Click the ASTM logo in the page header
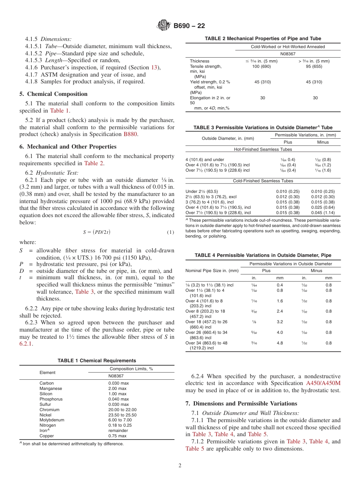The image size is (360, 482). coord(164,25)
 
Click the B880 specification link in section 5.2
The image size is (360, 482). coord(130,134)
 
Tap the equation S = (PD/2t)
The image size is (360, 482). coord(97,232)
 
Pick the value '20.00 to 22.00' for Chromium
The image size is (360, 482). coord(122,410)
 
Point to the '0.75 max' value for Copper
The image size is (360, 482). coord(117,436)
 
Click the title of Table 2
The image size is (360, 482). coord(263,38)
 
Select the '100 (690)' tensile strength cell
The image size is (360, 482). coord(261,66)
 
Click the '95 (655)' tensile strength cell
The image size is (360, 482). coord(314,66)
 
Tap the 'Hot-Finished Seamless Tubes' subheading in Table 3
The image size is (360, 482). coord(263,150)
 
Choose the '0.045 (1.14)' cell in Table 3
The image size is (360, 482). coord(323,213)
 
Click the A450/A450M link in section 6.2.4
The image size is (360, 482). coord(323,383)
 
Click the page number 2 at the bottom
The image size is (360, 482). coord(180,466)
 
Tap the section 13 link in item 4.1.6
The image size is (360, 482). coord(154,67)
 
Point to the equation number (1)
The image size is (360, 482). coord(171,232)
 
